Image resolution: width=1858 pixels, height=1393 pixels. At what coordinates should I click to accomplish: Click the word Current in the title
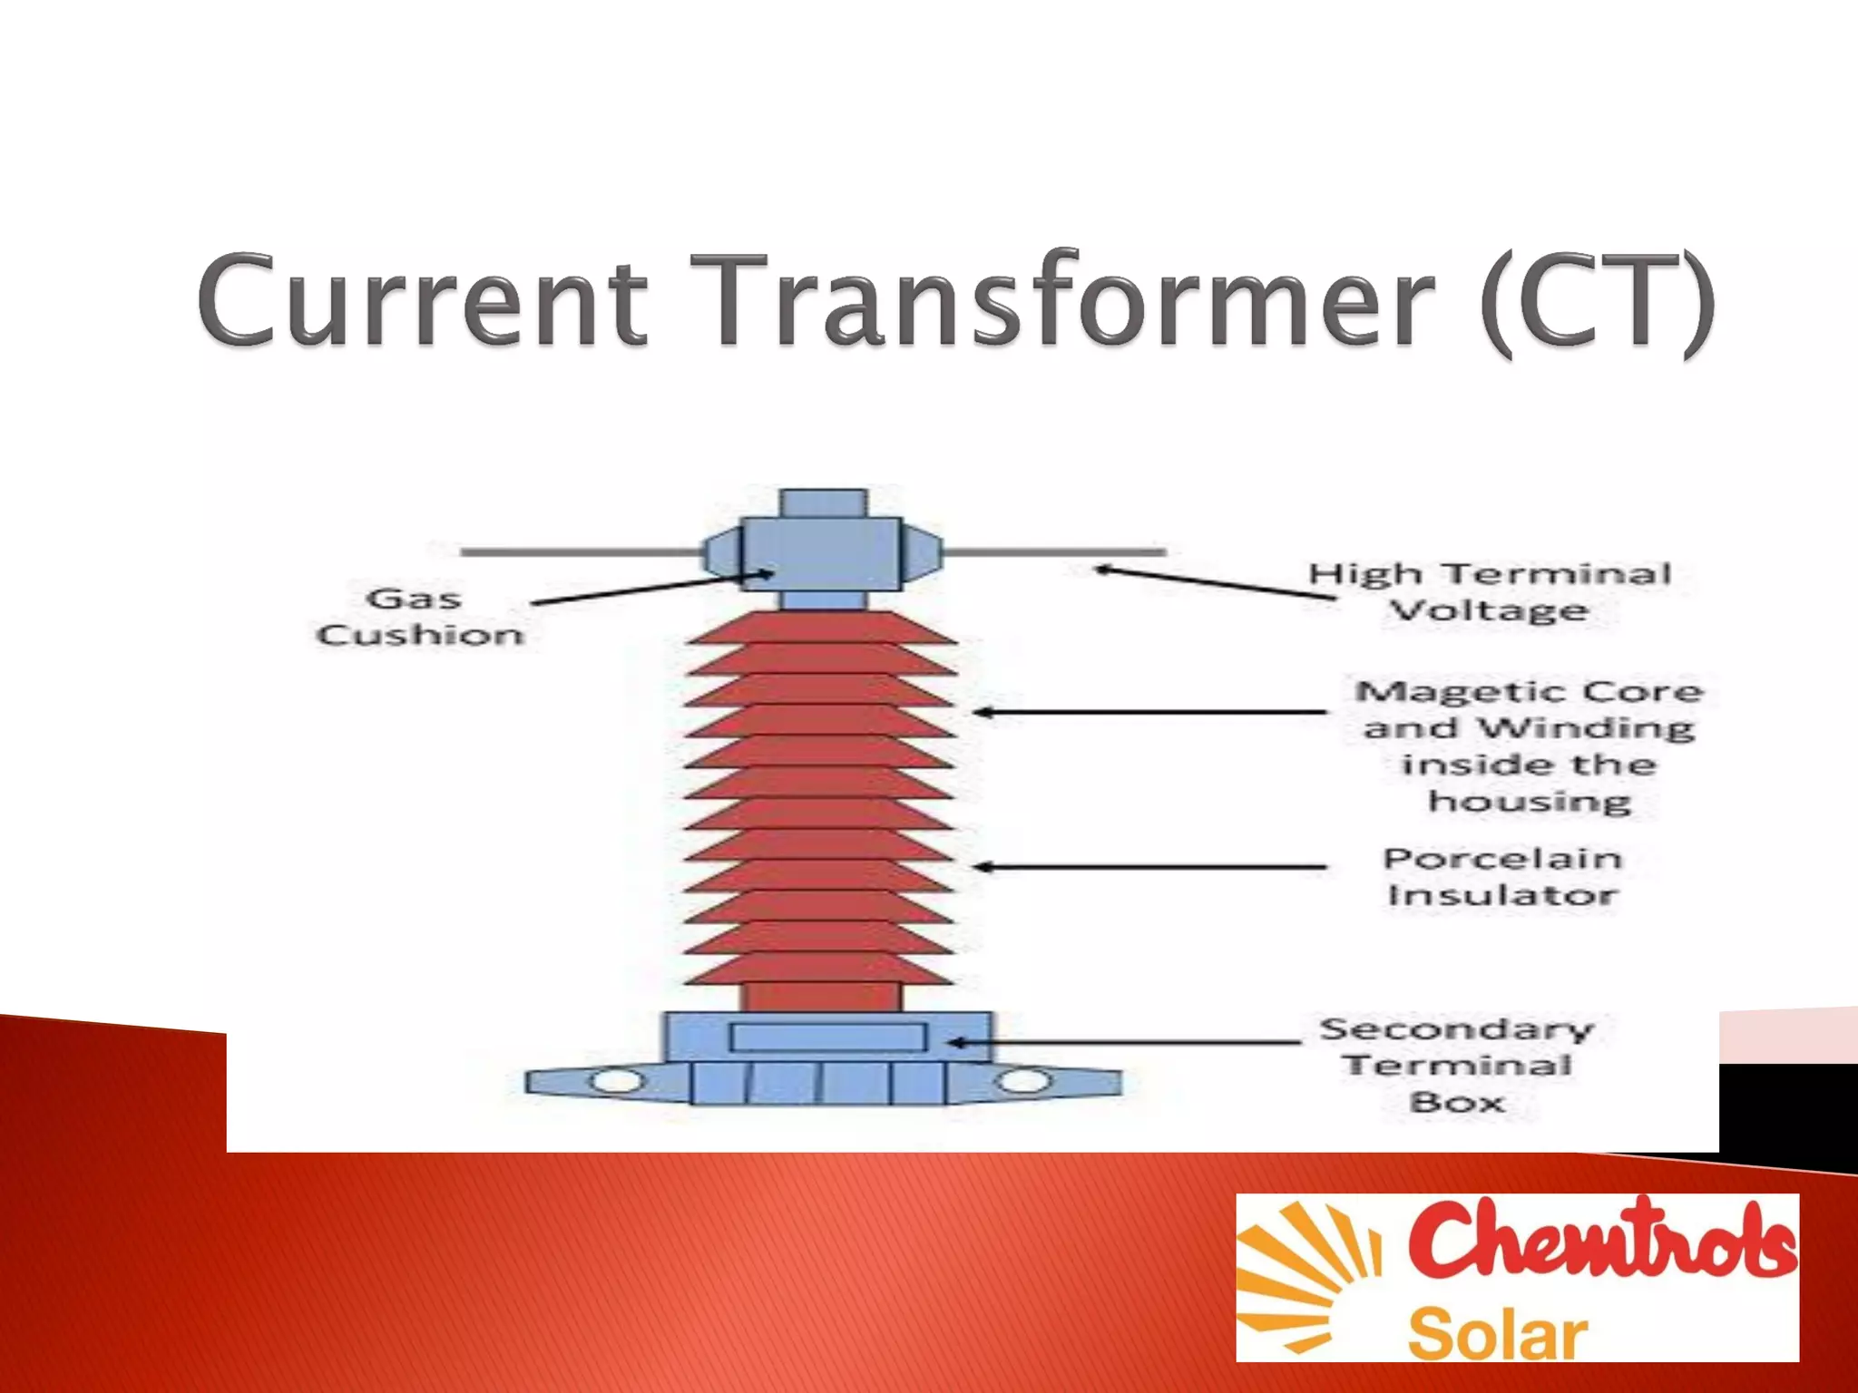tap(423, 300)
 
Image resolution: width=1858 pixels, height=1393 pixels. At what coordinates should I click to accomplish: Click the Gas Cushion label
tap(418, 617)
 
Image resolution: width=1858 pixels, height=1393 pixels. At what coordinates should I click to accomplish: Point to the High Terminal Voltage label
tap(1489, 591)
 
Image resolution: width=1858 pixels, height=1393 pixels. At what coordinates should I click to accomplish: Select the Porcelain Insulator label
tap(1502, 876)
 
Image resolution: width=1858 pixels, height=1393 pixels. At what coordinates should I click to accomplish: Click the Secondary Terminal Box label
tap(1457, 1065)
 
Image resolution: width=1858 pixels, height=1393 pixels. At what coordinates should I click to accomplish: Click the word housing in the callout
tap(1530, 802)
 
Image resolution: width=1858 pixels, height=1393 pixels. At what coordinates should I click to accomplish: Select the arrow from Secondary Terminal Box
tap(1125, 1043)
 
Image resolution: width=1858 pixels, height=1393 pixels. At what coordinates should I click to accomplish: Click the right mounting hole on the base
tap(1023, 1081)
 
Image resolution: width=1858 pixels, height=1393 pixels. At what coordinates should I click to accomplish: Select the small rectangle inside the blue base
tap(827, 1037)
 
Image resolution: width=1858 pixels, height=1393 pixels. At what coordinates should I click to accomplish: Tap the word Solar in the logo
tap(1497, 1334)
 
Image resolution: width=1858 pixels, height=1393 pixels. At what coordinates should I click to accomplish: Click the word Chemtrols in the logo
tap(1602, 1239)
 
